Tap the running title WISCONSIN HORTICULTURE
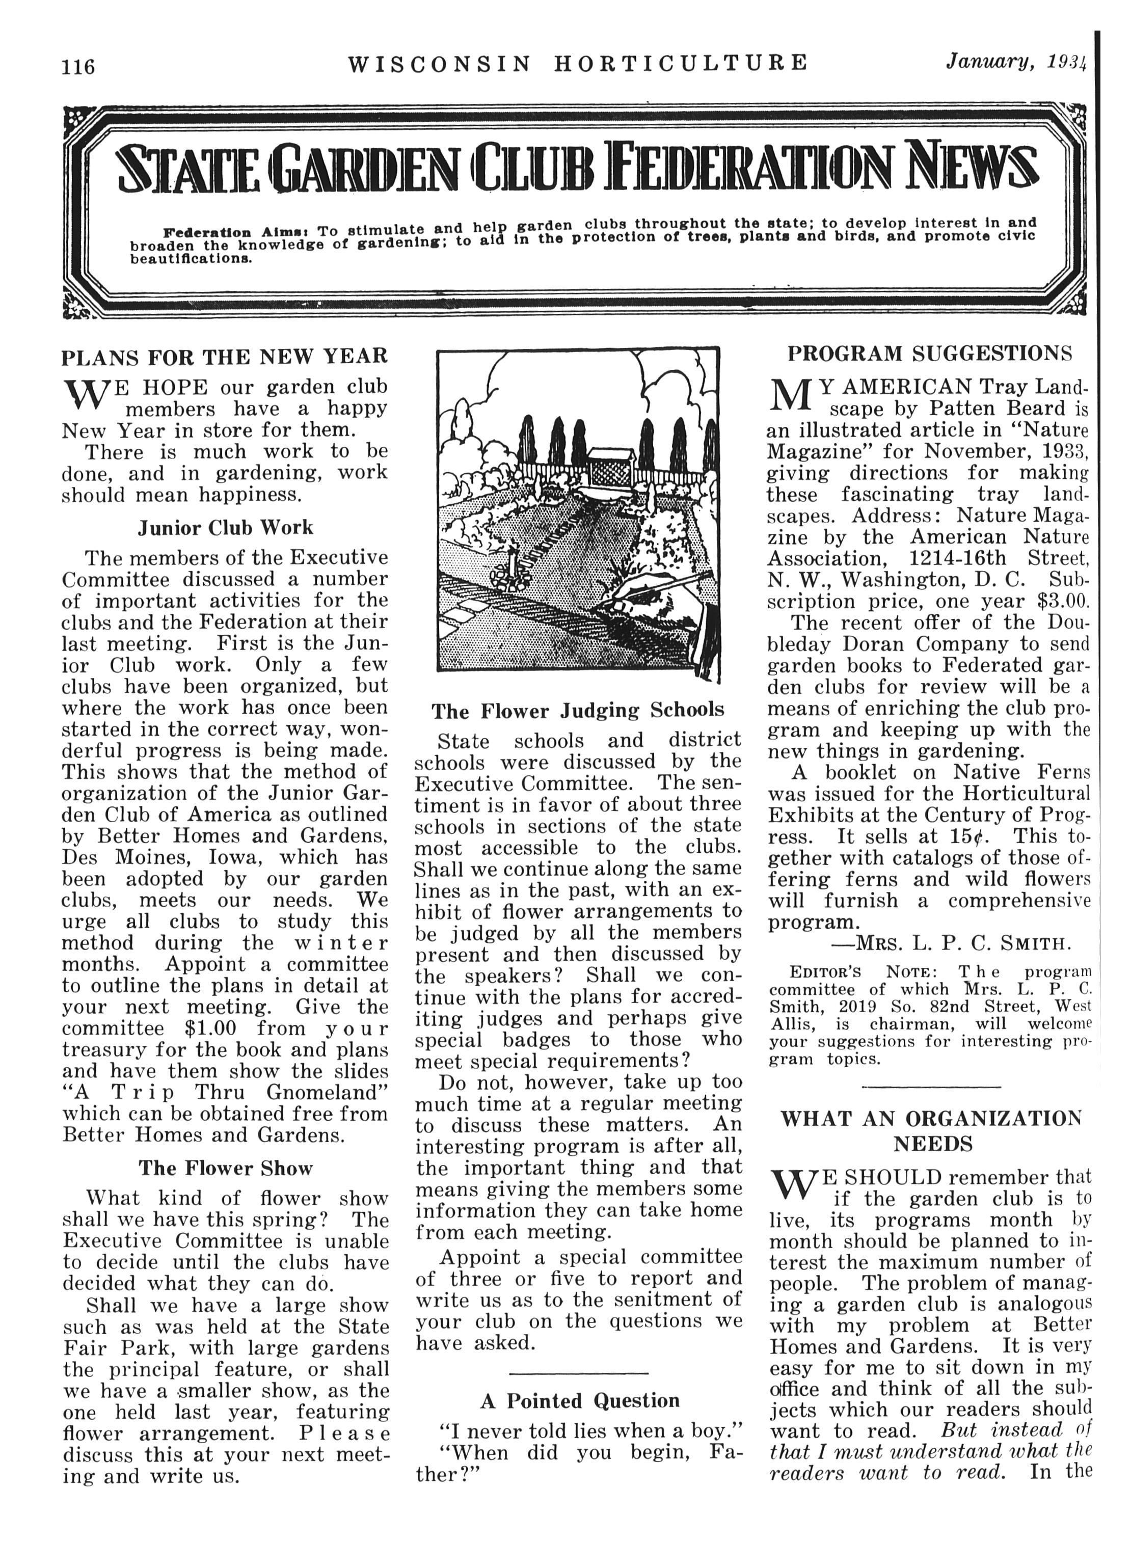click(578, 64)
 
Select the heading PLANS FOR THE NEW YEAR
click(225, 357)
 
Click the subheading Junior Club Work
click(225, 528)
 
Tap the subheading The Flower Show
click(225, 1168)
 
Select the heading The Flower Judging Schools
click(578, 711)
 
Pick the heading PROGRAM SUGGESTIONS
click(930, 354)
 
